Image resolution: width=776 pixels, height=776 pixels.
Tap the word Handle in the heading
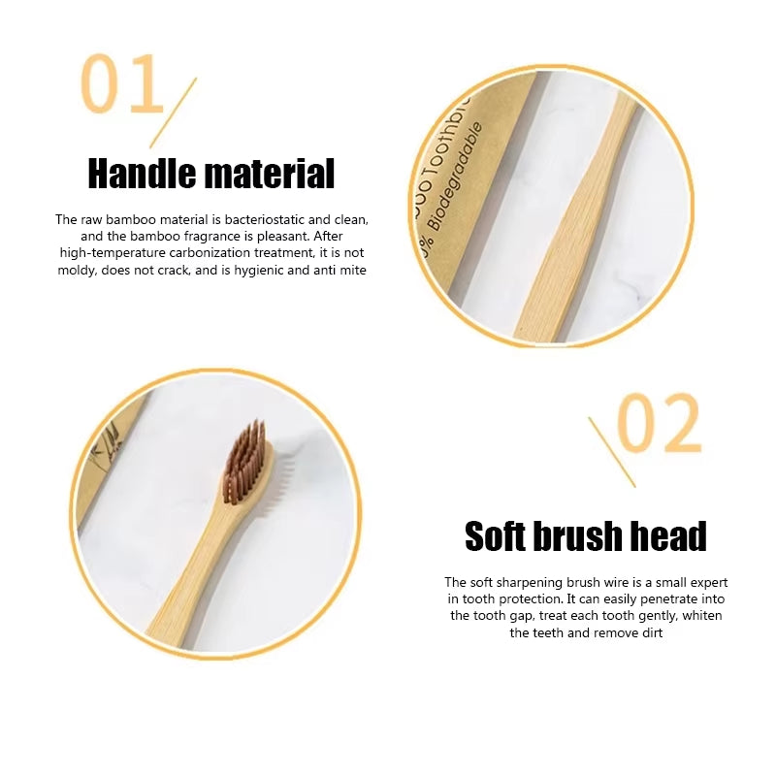click(146, 174)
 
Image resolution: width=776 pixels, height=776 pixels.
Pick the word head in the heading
click(672, 535)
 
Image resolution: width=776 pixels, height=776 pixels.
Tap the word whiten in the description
click(701, 615)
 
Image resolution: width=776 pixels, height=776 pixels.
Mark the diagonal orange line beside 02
click(612, 452)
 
